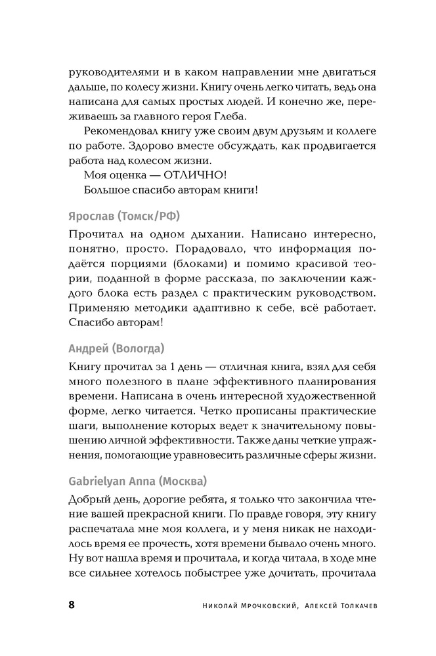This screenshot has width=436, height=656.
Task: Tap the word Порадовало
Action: (173, 249)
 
